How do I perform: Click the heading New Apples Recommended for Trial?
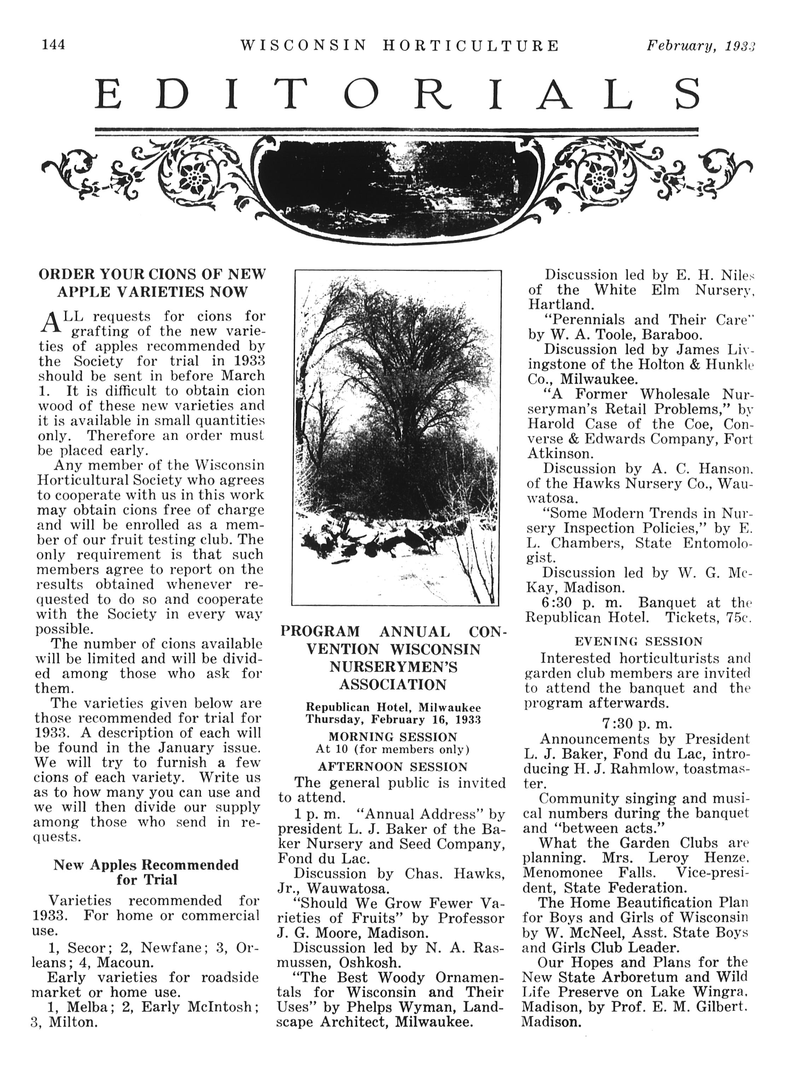tap(146, 872)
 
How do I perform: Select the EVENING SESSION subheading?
tap(638, 641)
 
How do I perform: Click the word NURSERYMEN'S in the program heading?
tap(394, 667)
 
